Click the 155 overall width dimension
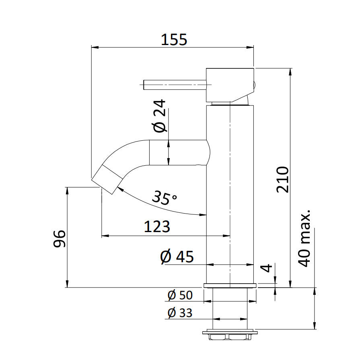[174, 39]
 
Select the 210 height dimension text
[283, 179]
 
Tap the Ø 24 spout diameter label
[160, 117]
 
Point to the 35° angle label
[165, 197]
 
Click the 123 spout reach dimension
[157, 227]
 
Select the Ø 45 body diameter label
[177, 257]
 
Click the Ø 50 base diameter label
[180, 295]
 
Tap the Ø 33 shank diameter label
[180, 313]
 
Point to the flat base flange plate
[230, 286]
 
